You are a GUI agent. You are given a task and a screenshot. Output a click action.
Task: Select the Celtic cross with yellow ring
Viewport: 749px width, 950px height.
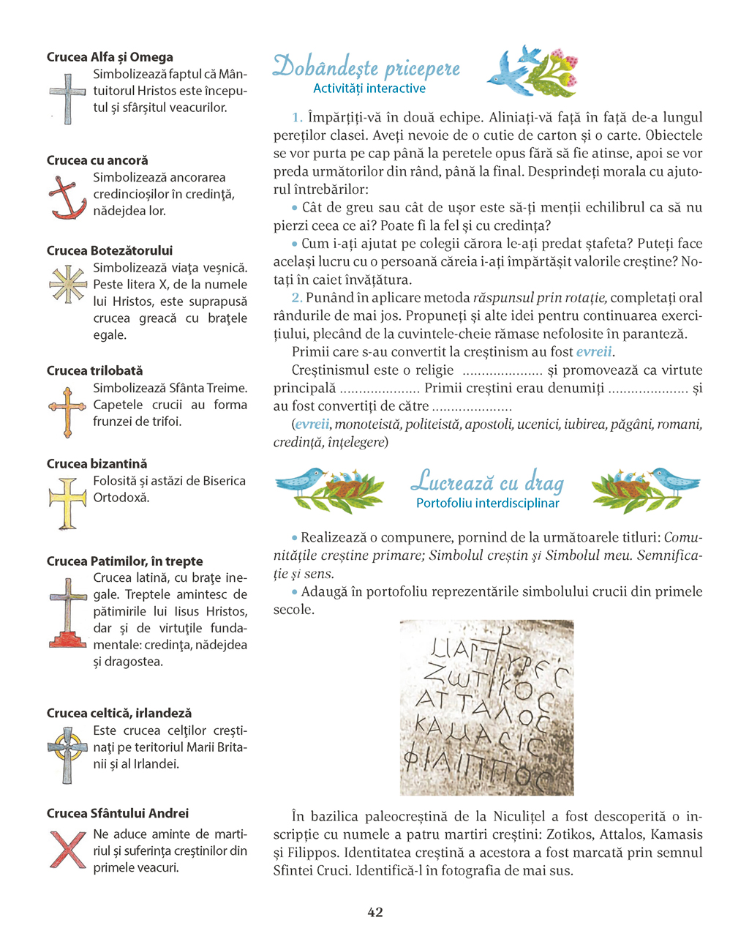(67, 753)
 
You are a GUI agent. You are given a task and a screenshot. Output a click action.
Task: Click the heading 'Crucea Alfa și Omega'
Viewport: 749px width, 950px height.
(110, 57)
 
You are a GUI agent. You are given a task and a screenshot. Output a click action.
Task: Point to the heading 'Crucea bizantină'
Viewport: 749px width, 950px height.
(97, 463)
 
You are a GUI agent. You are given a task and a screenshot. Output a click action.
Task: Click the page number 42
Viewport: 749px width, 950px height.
(374, 912)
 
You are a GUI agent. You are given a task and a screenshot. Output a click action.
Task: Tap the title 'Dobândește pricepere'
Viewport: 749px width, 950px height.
(366, 67)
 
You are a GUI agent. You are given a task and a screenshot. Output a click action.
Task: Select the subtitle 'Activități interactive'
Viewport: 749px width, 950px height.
(369, 89)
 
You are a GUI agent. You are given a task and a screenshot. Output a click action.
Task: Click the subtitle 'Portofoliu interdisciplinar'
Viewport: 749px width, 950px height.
(488, 503)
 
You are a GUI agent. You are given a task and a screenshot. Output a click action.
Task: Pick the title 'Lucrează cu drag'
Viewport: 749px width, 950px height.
(488, 482)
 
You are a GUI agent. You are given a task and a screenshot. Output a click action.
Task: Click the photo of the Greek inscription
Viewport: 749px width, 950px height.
(486, 708)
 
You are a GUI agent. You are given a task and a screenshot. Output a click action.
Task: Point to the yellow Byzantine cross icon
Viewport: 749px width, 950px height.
(67, 503)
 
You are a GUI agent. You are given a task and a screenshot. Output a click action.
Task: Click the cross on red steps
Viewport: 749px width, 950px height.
(67, 613)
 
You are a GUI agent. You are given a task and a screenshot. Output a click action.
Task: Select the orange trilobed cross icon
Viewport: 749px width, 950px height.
(67, 411)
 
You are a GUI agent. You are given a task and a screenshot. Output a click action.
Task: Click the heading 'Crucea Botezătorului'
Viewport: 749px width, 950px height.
(110, 250)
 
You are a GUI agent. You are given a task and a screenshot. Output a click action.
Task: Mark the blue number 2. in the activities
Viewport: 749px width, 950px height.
(297, 298)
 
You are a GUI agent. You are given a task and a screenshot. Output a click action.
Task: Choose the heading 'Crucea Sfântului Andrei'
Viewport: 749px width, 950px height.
(118, 813)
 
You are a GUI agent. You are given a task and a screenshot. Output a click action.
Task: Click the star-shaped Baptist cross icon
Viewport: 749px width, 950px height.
(67, 284)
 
